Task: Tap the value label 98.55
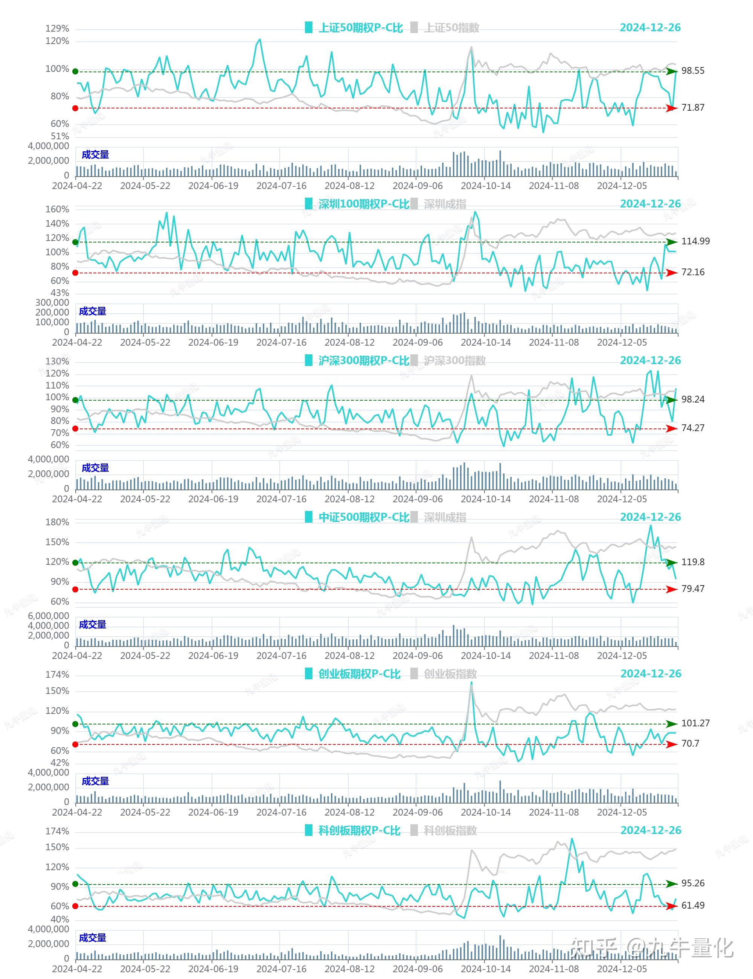pyautogui.click(x=692, y=71)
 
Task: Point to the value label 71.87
pyautogui.click(x=692, y=108)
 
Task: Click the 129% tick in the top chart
pyautogui.click(x=57, y=29)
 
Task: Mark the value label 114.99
pyautogui.click(x=695, y=241)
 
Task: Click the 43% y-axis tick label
pyautogui.click(x=59, y=293)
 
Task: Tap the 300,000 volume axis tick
pyautogui.click(x=52, y=303)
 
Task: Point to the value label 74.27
pyautogui.click(x=692, y=428)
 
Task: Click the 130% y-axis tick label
pyautogui.click(x=57, y=361)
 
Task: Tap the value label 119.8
pyautogui.click(x=692, y=562)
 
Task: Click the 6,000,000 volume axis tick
pyautogui.click(x=49, y=616)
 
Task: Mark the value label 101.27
pyautogui.click(x=695, y=723)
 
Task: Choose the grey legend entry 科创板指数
pyautogui.click(x=450, y=831)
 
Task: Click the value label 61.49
pyautogui.click(x=692, y=906)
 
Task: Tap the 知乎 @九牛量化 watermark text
pyautogui.click(x=652, y=948)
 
